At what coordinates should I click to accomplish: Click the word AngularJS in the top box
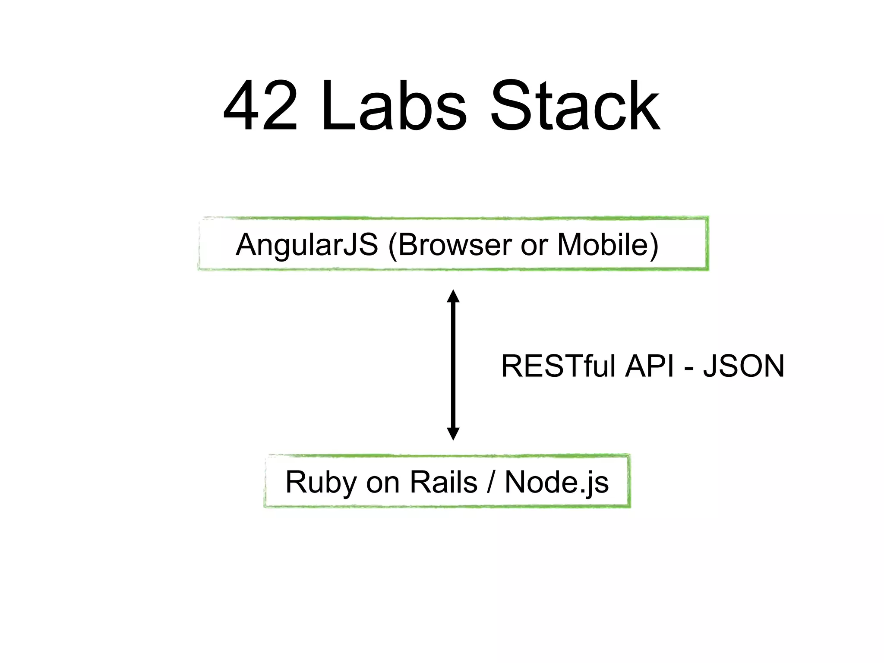pos(307,245)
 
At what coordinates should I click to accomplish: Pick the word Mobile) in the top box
pos(608,245)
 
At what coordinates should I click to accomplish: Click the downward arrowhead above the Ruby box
pos(453,433)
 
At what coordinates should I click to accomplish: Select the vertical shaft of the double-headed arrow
pos(453,365)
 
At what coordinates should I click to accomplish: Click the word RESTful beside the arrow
pos(558,366)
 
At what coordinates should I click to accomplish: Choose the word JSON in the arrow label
pos(743,366)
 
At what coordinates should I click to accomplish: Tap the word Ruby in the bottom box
pos(321,483)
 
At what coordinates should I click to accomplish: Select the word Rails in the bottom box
pos(443,482)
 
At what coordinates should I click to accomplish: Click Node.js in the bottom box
pos(557,483)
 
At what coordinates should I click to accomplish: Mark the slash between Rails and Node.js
pos(491,482)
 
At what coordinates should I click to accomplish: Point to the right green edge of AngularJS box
pos(707,244)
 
